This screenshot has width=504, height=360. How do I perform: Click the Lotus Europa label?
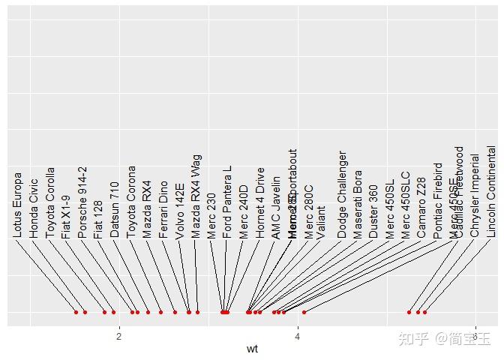17,205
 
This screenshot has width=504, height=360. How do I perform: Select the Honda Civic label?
34,208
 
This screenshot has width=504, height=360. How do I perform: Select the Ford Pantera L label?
228,202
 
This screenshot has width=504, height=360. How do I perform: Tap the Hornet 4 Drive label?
260,202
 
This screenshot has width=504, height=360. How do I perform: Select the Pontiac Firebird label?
439,200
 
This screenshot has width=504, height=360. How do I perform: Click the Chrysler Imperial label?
475,196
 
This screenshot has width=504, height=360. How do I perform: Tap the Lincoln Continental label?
491,191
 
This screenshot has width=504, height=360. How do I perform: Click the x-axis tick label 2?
119,335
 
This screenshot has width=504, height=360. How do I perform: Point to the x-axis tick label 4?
298,335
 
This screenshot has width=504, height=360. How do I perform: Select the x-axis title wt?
252,349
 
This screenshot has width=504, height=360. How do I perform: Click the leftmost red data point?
76,312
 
